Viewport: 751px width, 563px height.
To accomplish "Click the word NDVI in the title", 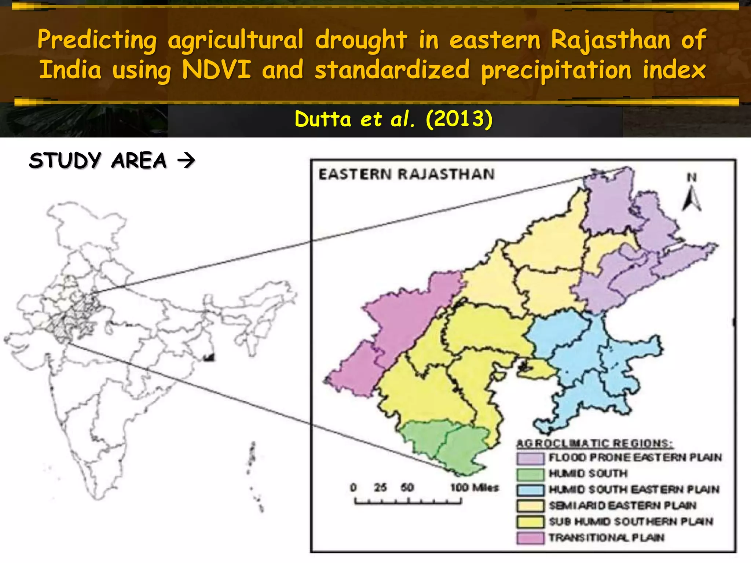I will (x=216, y=70).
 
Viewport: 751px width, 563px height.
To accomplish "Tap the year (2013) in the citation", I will (x=459, y=119).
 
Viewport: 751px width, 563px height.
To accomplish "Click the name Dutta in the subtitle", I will (x=323, y=119).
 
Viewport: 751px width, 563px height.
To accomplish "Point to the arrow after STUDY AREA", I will (x=186, y=161).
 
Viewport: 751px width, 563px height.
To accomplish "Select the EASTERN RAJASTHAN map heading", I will (x=406, y=174).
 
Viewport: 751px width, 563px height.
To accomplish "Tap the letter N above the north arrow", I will (x=692, y=178).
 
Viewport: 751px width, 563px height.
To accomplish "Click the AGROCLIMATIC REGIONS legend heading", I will (x=594, y=444).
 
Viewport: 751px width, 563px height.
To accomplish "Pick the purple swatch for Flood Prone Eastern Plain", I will (x=530, y=458).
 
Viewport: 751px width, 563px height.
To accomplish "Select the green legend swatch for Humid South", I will (x=530, y=474).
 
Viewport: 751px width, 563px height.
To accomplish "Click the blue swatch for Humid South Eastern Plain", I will (x=530, y=490).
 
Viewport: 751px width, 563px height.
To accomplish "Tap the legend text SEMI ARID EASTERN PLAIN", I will (x=622, y=506).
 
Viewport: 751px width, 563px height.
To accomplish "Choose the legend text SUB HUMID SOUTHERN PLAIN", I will (x=631, y=522).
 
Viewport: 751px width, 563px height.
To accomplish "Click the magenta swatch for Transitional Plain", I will (x=530, y=538).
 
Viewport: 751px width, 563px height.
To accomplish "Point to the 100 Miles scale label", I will (x=475, y=487).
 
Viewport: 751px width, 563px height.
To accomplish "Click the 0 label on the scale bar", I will (x=353, y=487).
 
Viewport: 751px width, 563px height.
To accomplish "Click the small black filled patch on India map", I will (x=209, y=357).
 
